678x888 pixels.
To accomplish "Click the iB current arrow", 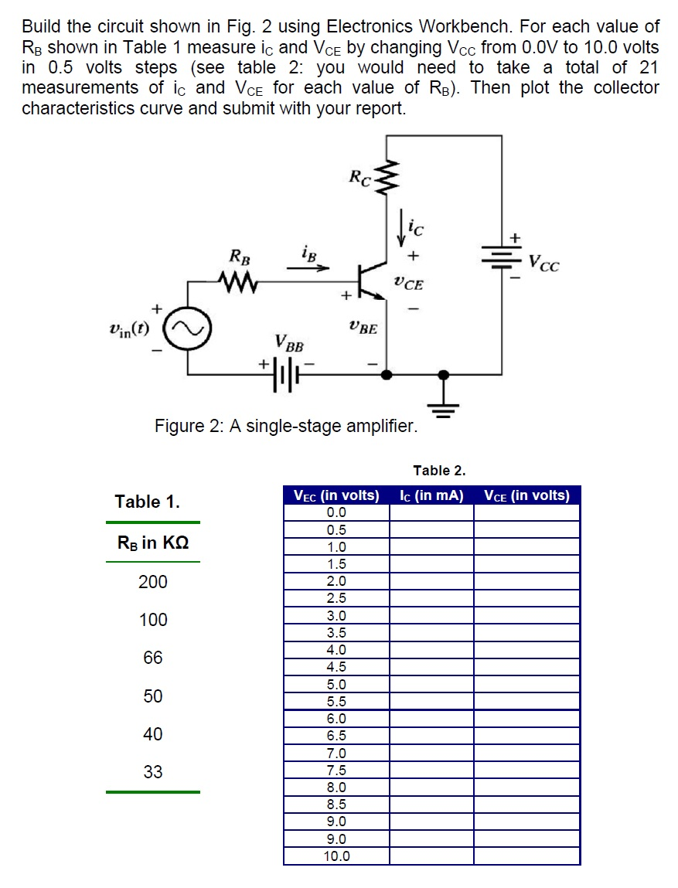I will click(x=308, y=268).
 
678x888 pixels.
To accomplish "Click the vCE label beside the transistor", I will click(x=408, y=284).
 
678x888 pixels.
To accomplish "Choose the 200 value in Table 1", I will click(x=153, y=582).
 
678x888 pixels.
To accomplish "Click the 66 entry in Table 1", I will click(x=153, y=658).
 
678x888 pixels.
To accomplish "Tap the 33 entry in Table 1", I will click(x=153, y=771).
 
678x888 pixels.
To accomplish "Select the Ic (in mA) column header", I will click(x=431, y=495).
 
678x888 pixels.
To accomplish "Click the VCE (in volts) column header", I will click(x=526, y=495).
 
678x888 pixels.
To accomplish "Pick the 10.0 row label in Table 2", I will click(x=336, y=856).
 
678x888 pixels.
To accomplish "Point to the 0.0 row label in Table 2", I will click(x=336, y=512).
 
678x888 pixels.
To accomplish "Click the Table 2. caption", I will click(x=439, y=470).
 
